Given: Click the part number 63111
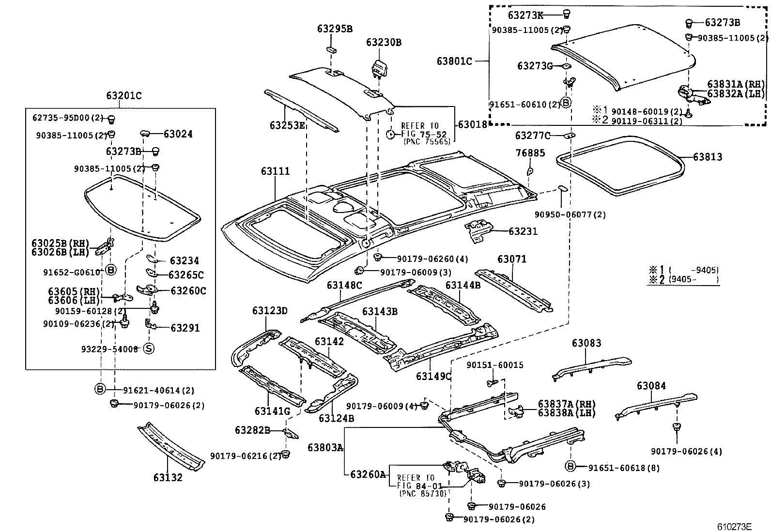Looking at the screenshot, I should (275, 171).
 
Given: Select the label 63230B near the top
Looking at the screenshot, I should (384, 42).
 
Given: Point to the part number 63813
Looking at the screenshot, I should (707, 157).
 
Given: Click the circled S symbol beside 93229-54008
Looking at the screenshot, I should (149, 349).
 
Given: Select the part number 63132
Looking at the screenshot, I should (168, 477).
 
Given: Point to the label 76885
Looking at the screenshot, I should (530, 153).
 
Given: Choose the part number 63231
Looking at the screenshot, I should (523, 231).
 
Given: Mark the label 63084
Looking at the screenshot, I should (651, 386).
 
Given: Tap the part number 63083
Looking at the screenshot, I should (586, 343).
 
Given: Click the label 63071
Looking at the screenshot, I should (511, 259).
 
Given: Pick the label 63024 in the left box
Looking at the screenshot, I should (178, 134).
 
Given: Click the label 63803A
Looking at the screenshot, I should (325, 448).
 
